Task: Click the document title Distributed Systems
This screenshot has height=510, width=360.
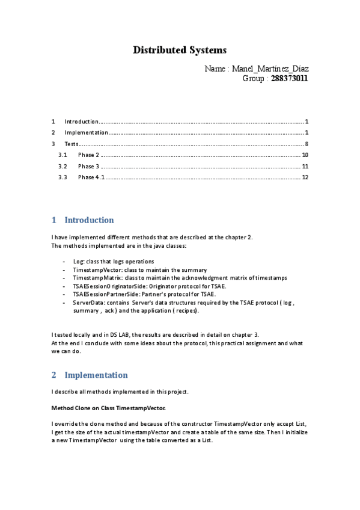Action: coord(180,50)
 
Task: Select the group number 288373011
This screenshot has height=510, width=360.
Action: coord(289,79)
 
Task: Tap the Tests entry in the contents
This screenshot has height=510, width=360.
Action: coord(72,144)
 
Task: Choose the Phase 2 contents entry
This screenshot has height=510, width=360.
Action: coord(88,155)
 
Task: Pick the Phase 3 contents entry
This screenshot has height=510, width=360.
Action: coord(88,166)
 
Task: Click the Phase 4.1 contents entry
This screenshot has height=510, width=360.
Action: coord(91,177)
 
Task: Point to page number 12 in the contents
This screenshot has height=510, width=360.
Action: coord(305,177)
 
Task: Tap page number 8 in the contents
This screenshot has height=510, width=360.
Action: coord(307,144)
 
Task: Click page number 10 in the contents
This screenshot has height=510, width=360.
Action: coord(305,155)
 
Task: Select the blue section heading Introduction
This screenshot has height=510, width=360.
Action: coord(89,220)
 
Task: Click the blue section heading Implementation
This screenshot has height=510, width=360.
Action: coord(96,375)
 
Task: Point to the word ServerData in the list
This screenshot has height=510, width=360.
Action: coord(88,303)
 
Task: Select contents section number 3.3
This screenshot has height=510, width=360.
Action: coord(63,177)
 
